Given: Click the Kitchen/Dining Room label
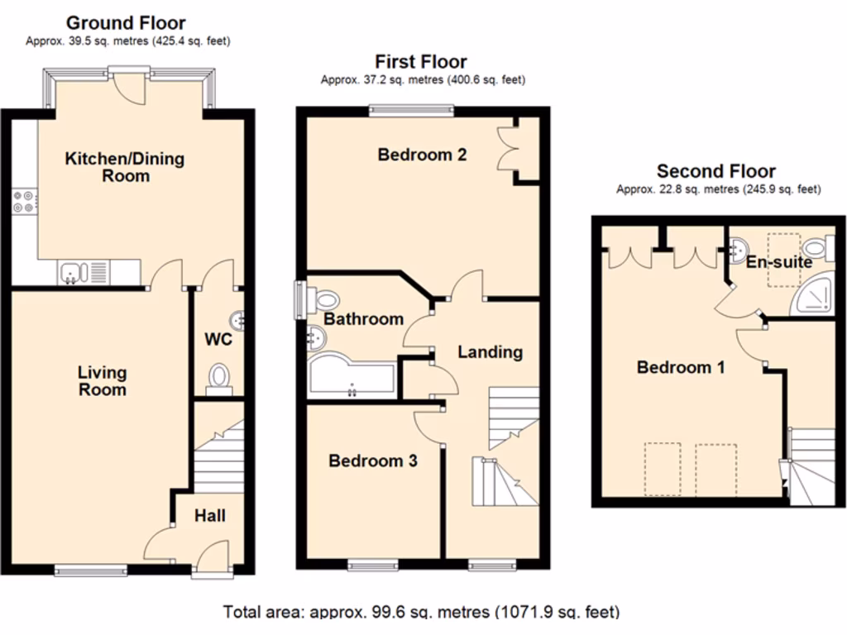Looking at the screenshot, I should pos(125,167).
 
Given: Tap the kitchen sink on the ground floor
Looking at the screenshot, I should pos(69,271).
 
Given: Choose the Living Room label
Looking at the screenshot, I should pos(103,381).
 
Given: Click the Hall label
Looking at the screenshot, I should pos(210,516).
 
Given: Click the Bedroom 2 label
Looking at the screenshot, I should pos(422,155).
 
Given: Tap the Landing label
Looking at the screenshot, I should pos(490,352).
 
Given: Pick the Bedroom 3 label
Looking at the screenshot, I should pos(372,461).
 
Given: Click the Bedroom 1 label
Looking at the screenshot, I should pos(681,367).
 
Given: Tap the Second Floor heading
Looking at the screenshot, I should pos(716,172).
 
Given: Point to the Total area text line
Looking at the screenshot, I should pos(422,613).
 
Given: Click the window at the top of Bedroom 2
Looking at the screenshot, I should pos(411,109).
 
